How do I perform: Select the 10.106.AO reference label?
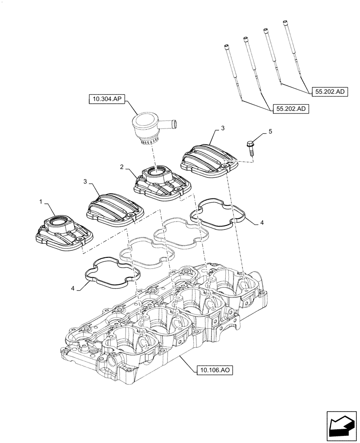pyautogui.click(x=212, y=369)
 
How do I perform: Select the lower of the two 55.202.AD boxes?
pyautogui.click(x=290, y=109)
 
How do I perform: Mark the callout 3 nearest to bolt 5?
pyautogui.click(x=223, y=128)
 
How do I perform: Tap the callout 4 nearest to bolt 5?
pyautogui.click(x=262, y=223)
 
